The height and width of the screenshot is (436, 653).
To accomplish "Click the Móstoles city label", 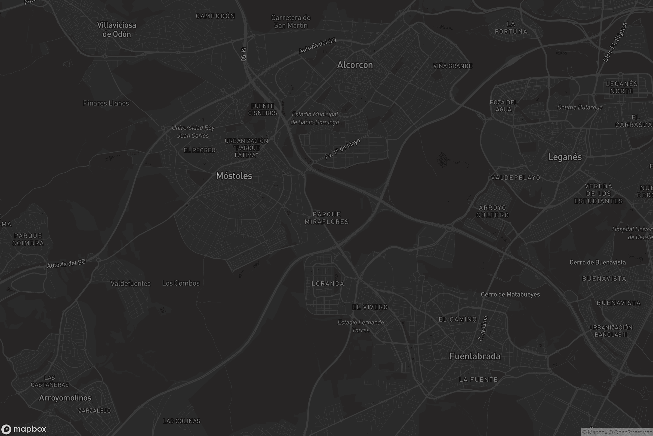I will [x=234, y=176].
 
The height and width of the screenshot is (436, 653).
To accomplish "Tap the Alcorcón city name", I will [x=355, y=65].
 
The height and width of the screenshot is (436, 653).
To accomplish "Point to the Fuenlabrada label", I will [x=475, y=356].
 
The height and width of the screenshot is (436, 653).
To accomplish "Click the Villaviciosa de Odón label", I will [x=117, y=29].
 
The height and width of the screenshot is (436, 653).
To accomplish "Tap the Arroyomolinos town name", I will [x=65, y=398].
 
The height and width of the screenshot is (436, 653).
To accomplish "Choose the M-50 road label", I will [x=244, y=54].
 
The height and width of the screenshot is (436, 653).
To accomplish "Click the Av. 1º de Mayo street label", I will [x=343, y=149].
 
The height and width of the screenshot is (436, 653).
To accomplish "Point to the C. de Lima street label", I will [x=482, y=328].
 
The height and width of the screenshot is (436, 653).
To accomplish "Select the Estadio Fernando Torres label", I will [x=361, y=326].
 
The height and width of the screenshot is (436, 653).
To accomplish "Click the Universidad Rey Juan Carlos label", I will [x=193, y=132].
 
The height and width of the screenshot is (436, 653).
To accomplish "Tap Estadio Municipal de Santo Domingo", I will [x=315, y=118].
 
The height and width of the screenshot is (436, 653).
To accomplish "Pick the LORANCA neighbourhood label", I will [x=328, y=284].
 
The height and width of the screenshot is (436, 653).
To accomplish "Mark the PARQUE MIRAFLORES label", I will [x=326, y=218].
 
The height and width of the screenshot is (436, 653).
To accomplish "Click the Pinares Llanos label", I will [x=106, y=103].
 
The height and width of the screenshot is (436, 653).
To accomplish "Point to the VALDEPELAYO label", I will [x=516, y=178].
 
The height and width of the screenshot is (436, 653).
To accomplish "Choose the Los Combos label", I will [x=181, y=283].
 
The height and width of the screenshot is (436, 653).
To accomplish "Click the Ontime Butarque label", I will [x=580, y=107].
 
